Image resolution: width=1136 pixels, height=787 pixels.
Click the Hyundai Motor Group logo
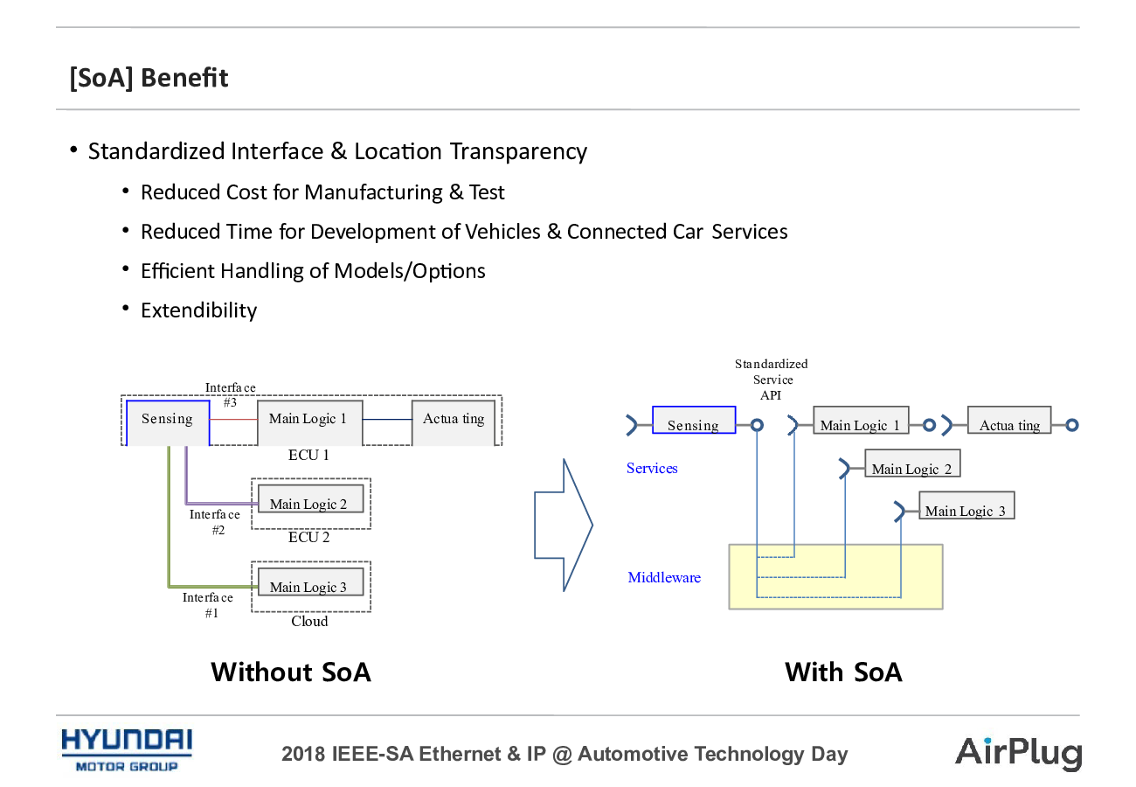pyautogui.click(x=127, y=750)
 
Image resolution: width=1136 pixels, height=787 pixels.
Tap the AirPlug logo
pyautogui.click(x=1018, y=753)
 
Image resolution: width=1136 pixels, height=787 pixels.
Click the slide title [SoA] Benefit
pyautogui.click(x=149, y=78)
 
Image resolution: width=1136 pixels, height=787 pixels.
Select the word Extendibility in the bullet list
pyautogui.click(x=199, y=310)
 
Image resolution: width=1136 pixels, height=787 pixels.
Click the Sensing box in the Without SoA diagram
pyautogui.click(x=168, y=422)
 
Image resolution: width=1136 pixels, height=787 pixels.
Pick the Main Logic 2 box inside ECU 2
pyautogui.click(x=310, y=498)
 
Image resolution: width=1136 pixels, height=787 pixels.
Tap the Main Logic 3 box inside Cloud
pyautogui.click(x=310, y=582)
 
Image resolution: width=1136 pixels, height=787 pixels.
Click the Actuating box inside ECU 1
pyautogui.click(x=454, y=422)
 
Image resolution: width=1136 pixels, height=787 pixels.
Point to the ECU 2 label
pyautogui.click(x=308, y=537)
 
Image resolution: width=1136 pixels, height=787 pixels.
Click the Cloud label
pyautogui.click(x=309, y=621)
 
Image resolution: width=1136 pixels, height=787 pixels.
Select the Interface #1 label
pyautogui.click(x=208, y=605)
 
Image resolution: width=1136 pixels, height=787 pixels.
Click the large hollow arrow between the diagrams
pyautogui.click(x=564, y=526)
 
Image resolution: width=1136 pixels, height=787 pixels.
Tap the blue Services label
pyautogui.click(x=652, y=468)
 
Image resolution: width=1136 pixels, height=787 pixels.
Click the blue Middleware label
pyautogui.click(x=664, y=577)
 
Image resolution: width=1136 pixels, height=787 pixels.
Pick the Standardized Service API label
pyautogui.click(x=772, y=380)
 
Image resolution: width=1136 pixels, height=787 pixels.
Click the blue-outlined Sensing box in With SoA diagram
pyautogui.click(x=694, y=420)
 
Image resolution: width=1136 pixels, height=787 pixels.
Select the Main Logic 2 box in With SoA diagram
pyautogui.click(x=912, y=463)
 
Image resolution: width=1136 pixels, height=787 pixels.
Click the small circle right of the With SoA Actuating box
pyautogui.click(x=1071, y=425)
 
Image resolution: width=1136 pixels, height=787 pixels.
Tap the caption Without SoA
pyautogui.click(x=291, y=672)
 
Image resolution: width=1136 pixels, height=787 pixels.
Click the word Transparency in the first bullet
pyautogui.click(x=518, y=152)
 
